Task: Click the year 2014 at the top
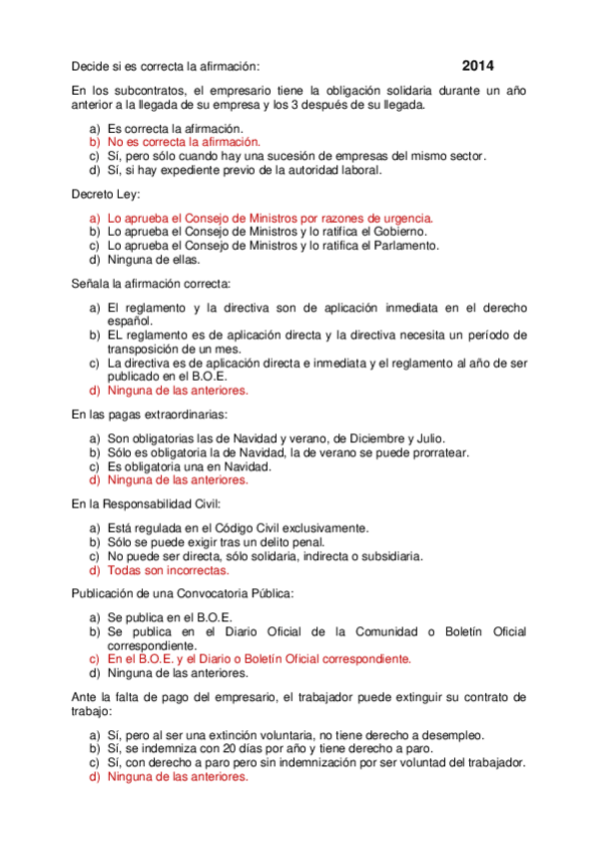[478, 66]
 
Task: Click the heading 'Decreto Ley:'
[106, 193]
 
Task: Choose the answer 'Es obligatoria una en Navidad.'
[189, 466]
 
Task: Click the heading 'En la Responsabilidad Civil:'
[146, 504]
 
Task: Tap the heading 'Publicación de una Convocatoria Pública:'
[183, 594]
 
